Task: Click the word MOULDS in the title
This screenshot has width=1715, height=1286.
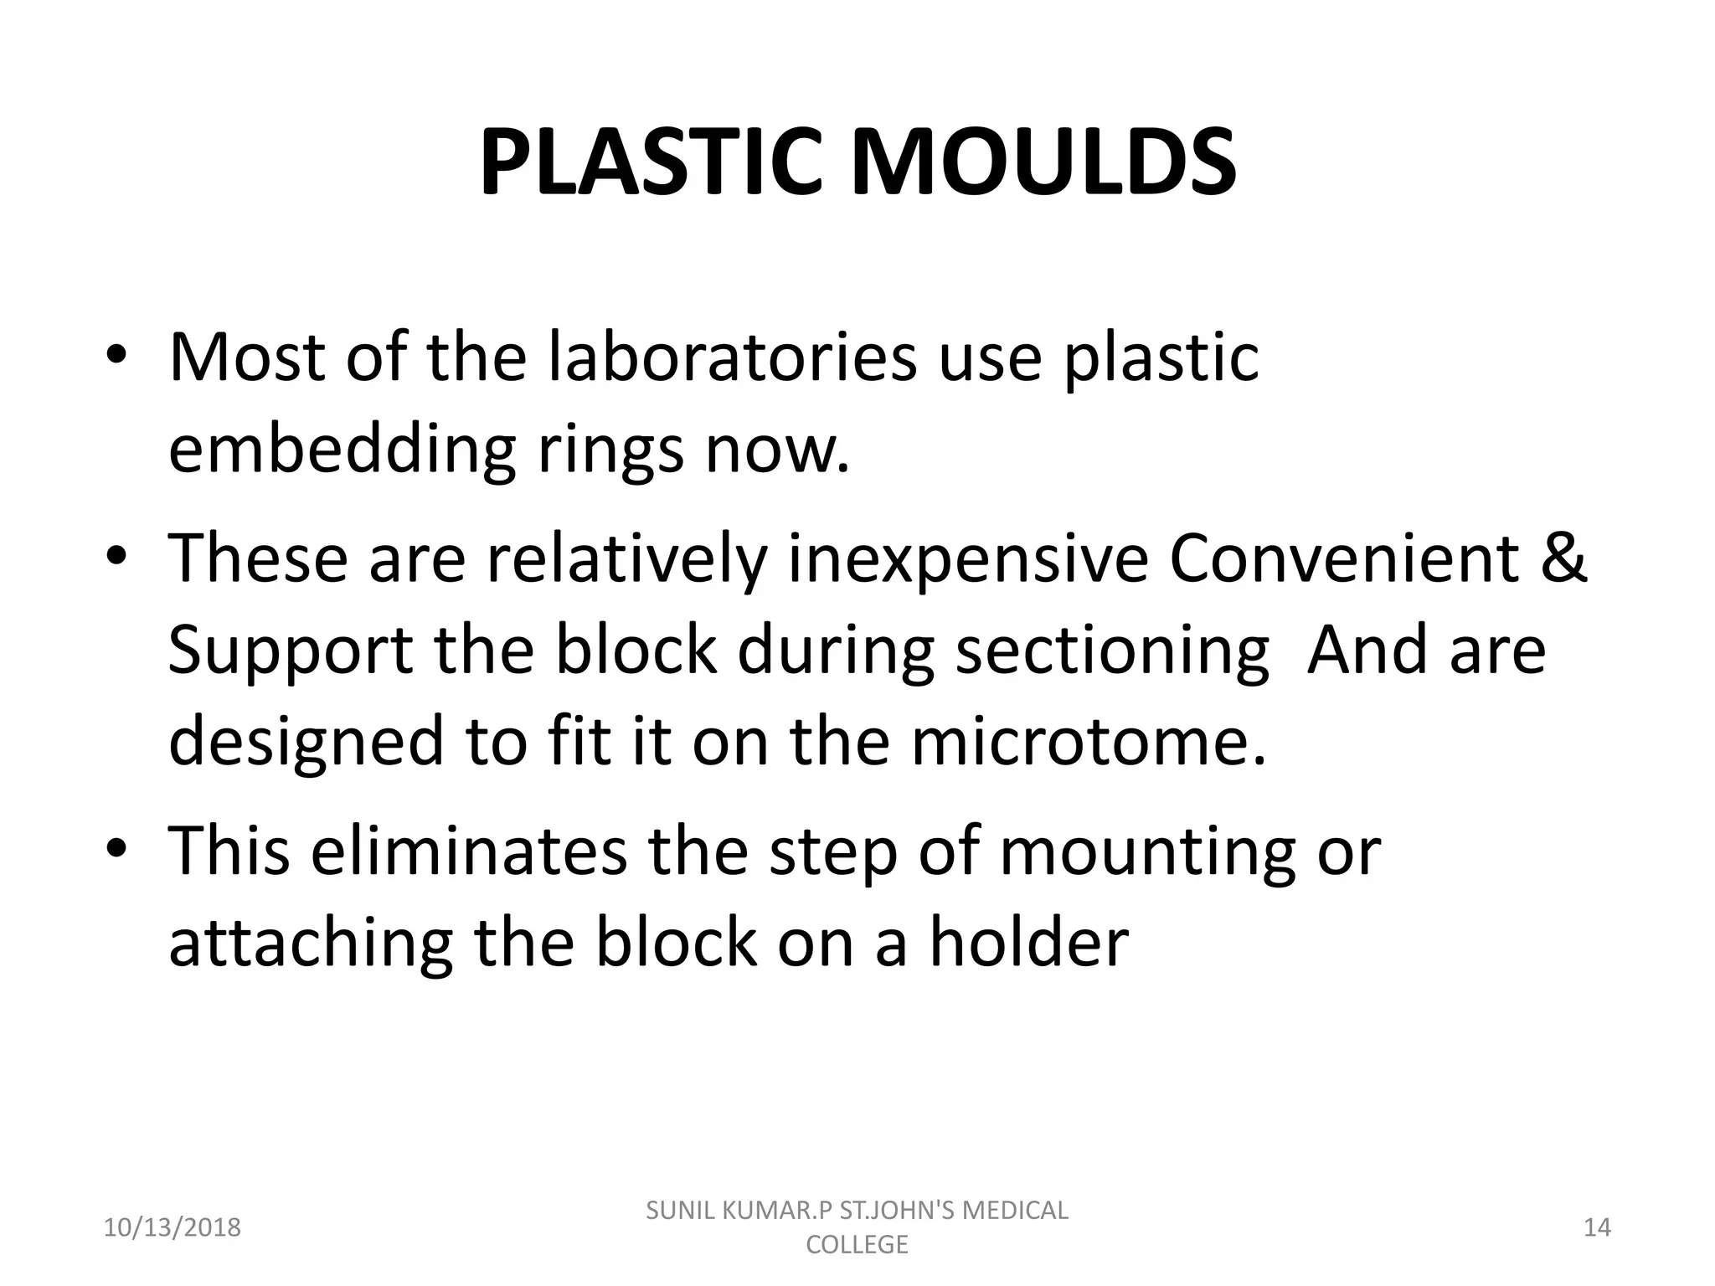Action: tap(1043, 162)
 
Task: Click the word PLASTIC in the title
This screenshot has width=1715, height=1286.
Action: tap(648, 162)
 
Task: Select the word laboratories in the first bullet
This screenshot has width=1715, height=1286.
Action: tap(733, 358)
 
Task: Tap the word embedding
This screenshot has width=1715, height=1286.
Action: tap(342, 450)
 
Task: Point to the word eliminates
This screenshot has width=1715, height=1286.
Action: tap(469, 851)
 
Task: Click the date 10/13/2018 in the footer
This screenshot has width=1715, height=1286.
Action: tap(172, 1228)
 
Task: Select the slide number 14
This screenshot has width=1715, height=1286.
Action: tap(1598, 1228)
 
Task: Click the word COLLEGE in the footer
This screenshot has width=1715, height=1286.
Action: tap(857, 1245)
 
